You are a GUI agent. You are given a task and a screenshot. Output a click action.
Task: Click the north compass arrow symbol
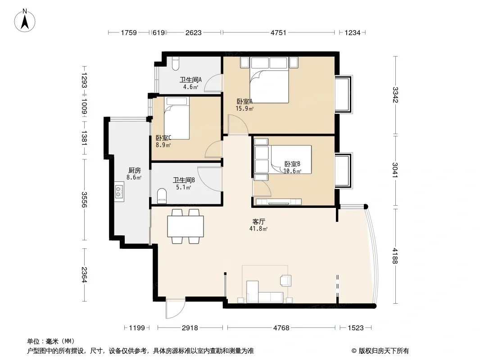[25, 21]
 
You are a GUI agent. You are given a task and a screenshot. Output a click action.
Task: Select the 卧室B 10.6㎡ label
[292, 167]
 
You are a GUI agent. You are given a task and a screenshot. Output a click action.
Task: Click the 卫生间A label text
[190, 80]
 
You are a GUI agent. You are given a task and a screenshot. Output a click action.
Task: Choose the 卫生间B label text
[184, 180]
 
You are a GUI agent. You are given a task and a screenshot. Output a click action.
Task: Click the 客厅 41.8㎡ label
[258, 225]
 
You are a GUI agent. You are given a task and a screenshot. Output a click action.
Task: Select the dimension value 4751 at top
[278, 32]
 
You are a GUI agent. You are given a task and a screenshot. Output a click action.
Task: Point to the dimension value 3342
[395, 95]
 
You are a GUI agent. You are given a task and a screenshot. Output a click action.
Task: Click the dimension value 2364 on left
[84, 274]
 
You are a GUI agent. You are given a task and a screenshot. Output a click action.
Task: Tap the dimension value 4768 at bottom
[281, 328]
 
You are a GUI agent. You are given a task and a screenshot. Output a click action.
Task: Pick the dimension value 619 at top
[158, 32]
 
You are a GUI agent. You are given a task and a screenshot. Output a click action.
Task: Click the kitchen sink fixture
[119, 191]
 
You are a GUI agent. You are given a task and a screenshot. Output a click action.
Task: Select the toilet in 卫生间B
[162, 196]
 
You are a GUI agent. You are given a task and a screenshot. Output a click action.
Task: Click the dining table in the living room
[186, 226]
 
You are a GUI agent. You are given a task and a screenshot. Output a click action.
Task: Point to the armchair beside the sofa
[285, 280]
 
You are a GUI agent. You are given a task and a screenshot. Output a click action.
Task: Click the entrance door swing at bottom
[175, 308]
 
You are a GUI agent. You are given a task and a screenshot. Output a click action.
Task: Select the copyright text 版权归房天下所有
[384, 351]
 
